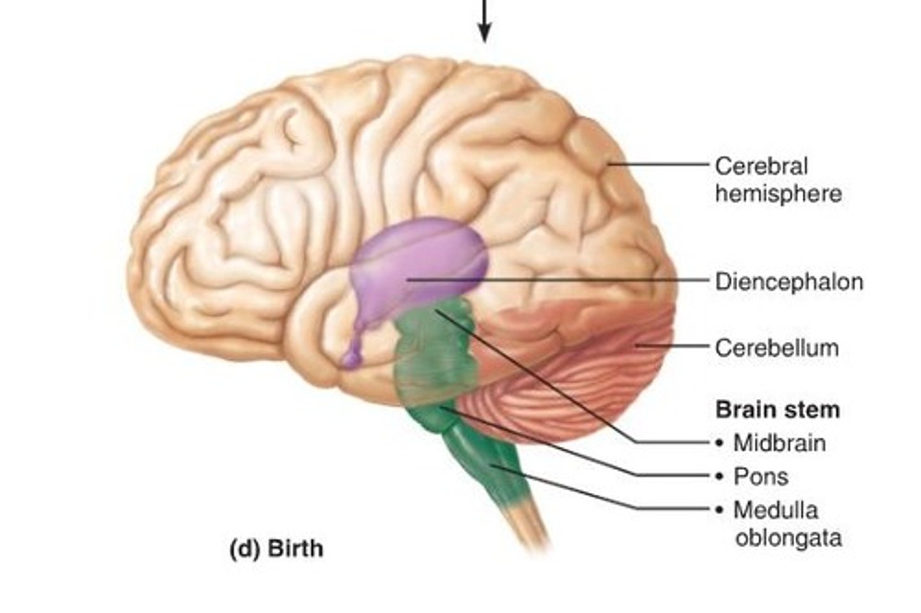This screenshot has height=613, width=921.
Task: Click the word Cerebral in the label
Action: [761, 166]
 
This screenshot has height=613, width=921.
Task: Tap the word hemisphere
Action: [778, 193]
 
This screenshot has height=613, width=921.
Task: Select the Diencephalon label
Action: [789, 281]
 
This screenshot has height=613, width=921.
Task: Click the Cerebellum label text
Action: [776, 348]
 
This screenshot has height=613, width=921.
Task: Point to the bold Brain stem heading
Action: [777, 409]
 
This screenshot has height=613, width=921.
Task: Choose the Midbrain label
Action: [779, 442]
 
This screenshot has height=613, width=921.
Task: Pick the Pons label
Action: [760, 476]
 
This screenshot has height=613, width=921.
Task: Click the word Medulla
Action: [775, 510]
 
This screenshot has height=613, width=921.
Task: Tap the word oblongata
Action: [788, 538]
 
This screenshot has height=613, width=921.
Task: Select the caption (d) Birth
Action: [276, 548]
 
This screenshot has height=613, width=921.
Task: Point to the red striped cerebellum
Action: [576, 377]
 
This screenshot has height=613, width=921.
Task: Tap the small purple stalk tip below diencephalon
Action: [350, 359]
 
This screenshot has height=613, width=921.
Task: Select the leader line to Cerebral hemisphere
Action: [659, 164]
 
